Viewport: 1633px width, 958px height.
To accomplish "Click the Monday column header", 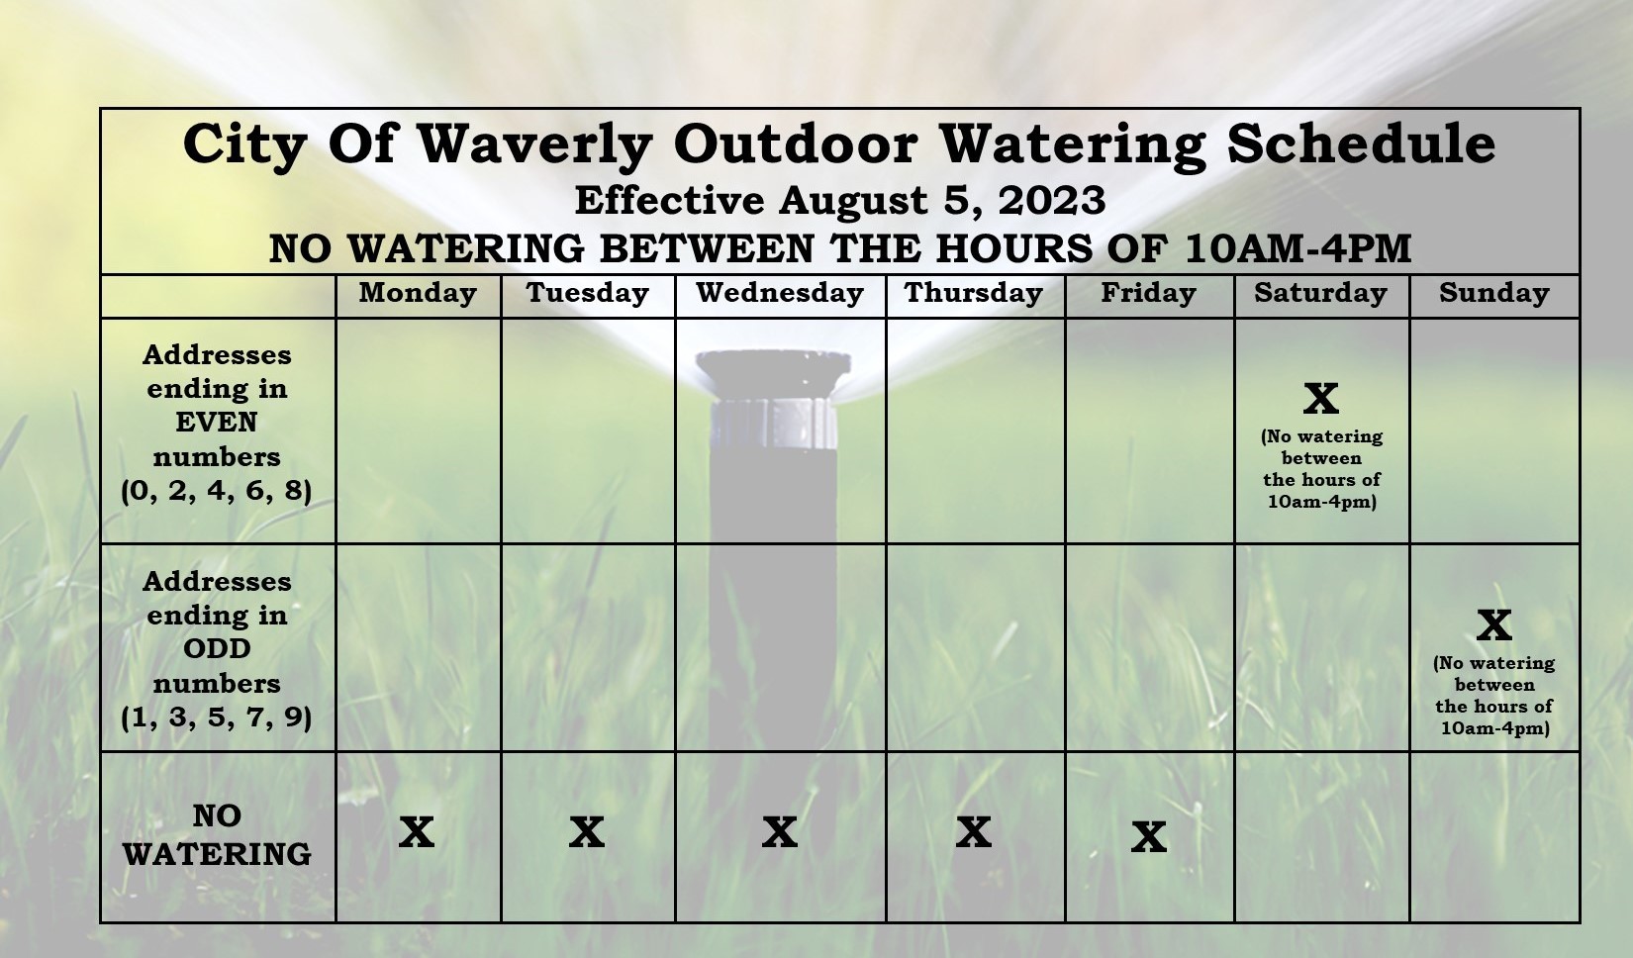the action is (x=418, y=294).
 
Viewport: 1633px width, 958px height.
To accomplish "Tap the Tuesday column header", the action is (x=588, y=294).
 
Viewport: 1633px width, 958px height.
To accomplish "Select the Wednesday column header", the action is (x=780, y=292).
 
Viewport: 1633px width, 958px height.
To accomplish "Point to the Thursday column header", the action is (x=974, y=294).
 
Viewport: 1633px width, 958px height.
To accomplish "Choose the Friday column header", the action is (x=1149, y=294).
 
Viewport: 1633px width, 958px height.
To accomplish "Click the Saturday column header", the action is (x=1321, y=294).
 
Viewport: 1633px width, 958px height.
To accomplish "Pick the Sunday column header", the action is (x=1494, y=294).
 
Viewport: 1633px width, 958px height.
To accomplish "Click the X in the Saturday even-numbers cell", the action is (x=1321, y=399).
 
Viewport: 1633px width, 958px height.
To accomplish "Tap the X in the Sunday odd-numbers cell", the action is (x=1494, y=624).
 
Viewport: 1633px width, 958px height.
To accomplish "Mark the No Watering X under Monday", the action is (x=417, y=832).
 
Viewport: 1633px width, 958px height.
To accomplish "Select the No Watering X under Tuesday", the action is (x=587, y=832).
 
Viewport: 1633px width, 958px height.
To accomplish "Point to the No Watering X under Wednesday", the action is (x=780, y=832).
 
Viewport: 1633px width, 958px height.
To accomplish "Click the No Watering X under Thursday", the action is (x=974, y=832).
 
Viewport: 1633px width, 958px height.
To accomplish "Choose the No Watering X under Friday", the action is (x=1149, y=837).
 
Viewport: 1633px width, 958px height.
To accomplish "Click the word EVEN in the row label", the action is (x=217, y=423).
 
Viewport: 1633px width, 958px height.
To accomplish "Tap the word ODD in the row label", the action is (x=217, y=649).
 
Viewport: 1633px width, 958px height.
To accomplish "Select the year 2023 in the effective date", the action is (x=1052, y=201).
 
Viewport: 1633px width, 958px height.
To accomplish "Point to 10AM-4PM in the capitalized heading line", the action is (x=1297, y=248).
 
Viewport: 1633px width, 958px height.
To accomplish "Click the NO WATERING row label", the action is (x=217, y=835).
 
